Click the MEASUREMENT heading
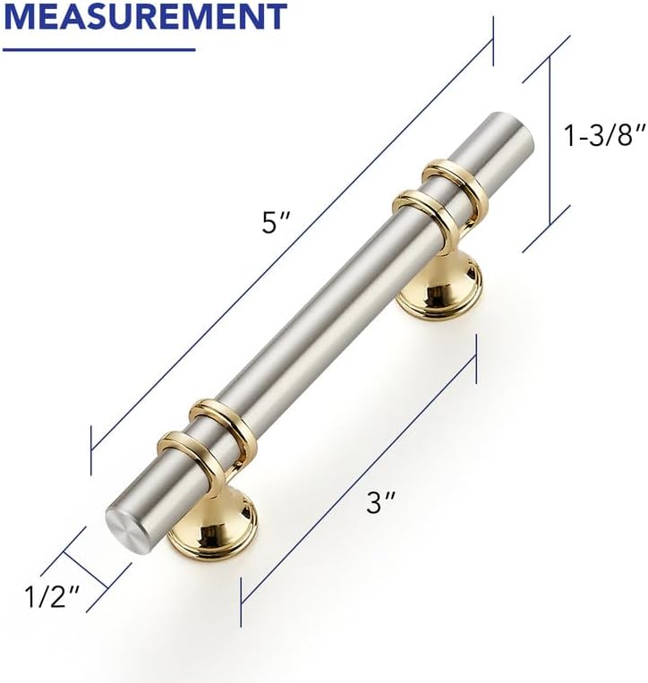point(145,16)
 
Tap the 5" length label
point(275,224)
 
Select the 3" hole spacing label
point(380,503)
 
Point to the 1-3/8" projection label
point(603,135)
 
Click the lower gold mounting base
point(212,530)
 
